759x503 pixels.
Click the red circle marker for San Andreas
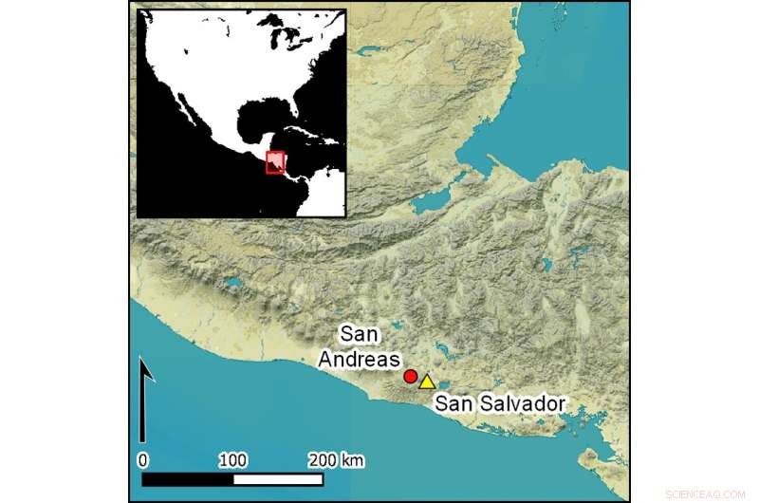410,377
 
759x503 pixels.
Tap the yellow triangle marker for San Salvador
427,382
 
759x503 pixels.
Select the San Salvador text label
500,403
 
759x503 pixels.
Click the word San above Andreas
359,334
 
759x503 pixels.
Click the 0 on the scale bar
142,460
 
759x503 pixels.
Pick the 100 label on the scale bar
232,460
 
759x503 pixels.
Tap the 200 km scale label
337,460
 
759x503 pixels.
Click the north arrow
143,399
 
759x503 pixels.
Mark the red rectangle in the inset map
275,163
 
